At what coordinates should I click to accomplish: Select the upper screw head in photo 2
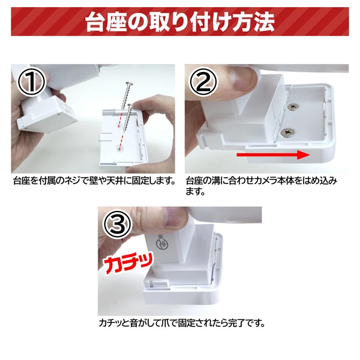pos(294,106)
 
